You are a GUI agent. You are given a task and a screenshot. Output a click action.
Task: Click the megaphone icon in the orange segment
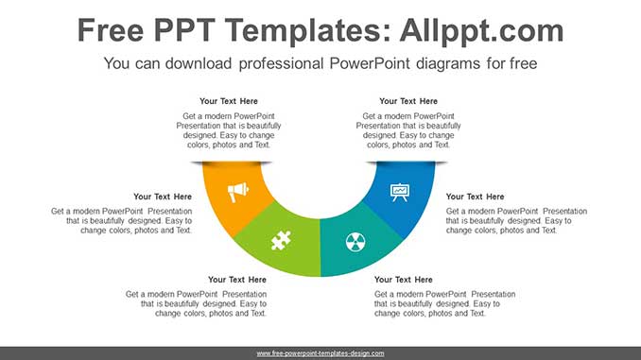point(238,193)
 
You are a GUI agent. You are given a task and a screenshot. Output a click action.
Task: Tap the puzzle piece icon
point(281,240)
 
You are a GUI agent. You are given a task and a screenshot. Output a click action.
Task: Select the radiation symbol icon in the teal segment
point(355,240)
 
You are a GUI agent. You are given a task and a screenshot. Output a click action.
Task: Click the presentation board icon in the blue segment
point(400,192)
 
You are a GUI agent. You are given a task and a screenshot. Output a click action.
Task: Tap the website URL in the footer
point(320,353)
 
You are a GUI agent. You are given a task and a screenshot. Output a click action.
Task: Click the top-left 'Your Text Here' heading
point(229,101)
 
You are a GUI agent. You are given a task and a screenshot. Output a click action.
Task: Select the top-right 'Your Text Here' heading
point(408,101)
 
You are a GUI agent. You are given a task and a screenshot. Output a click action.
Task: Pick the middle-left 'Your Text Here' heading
point(163,197)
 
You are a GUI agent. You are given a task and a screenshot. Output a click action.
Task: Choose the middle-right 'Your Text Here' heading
point(475,197)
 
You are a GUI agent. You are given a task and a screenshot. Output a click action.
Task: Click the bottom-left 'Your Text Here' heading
point(237,280)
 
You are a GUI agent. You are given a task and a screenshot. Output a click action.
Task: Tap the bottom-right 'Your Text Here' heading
point(404,280)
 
